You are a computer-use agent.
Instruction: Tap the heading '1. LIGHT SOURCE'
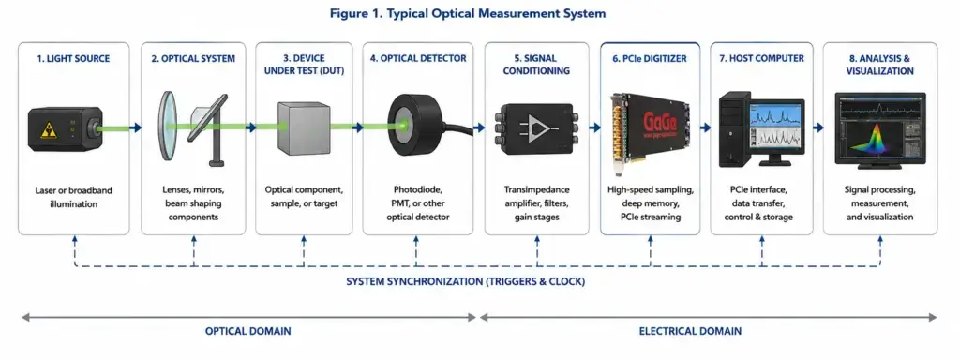73,59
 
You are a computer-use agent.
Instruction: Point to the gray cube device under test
305,127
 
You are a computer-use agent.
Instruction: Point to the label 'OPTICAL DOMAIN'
247,331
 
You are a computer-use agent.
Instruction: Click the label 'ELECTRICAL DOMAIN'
690,331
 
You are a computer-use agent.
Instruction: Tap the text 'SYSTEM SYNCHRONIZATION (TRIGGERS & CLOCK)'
466,282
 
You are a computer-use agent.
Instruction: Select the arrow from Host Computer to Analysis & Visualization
817,127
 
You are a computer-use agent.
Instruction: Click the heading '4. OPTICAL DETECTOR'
418,59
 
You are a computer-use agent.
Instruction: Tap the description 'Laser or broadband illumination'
73,197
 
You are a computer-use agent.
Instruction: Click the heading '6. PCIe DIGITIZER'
650,59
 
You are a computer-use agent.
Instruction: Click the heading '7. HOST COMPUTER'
761,59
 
